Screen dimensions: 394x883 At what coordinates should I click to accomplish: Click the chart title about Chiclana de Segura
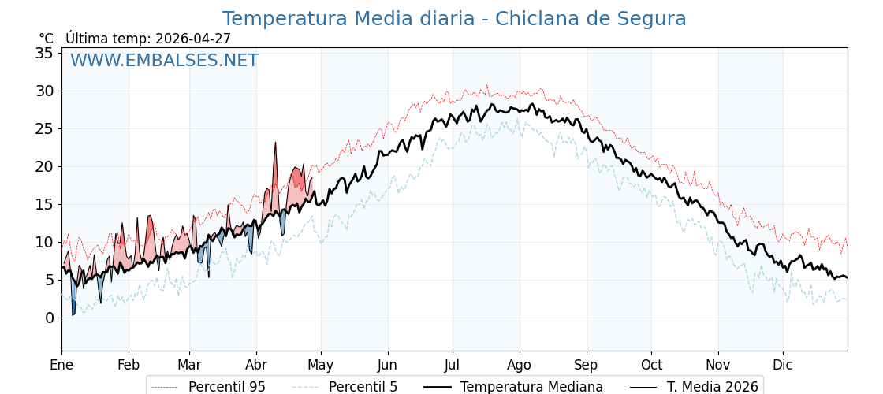tap(453, 19)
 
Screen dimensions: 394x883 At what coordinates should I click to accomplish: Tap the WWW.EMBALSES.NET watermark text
tap(164, 61)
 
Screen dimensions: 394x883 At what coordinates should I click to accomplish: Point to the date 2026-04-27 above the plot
tap(193, 39)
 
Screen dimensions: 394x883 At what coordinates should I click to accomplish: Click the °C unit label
tap(46, 39)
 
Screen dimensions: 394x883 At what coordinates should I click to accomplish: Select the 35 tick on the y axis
tap(44, 53)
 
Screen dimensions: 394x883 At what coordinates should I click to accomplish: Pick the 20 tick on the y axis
tap(44, 166)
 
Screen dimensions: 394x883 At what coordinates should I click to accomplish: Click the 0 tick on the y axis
tap(49, 318)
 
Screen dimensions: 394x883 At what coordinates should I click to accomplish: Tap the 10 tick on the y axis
tap(44, 242)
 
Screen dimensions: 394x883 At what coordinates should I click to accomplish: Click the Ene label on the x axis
tap(61, 365)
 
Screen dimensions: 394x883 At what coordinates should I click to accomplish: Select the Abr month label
tap(256, 365)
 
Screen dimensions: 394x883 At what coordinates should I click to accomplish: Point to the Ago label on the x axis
tap(519, 365)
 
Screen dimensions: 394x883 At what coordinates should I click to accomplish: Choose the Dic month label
tap(783, 365)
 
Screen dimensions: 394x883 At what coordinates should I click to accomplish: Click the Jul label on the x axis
tap(453, 365)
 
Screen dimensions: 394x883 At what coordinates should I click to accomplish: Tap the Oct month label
tap(651, 365)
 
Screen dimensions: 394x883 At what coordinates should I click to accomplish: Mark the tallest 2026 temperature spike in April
tap(275, 143)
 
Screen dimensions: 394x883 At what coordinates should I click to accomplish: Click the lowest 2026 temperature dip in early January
tap(73, 314)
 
